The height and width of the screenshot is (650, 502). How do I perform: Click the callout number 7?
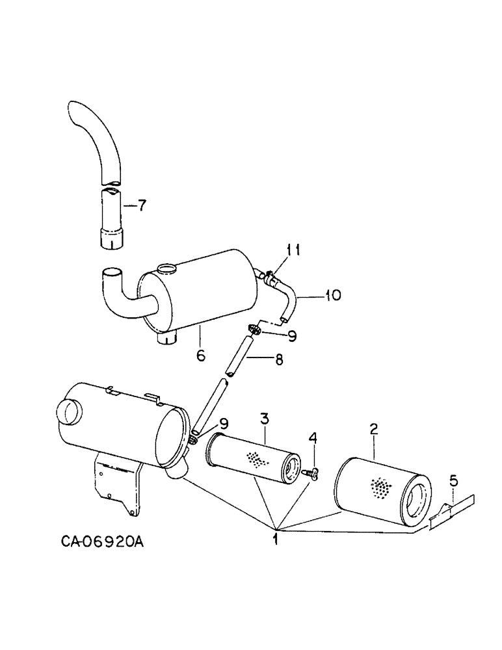[x=141, y=207]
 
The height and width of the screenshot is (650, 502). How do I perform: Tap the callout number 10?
[x=332, y=296]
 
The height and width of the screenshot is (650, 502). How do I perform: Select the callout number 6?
[x=201, y=356]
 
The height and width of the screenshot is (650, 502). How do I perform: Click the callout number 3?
[x=265, y=417]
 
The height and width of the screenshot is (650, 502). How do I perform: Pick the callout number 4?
[x=313, y=440]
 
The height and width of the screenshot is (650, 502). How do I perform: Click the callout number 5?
[x=454, y=481]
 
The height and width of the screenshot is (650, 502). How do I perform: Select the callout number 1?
[x=276, y=539]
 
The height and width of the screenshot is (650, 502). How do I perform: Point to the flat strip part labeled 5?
[x=451, y=508]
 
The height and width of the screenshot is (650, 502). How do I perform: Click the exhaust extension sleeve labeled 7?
[x=112, y=218]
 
